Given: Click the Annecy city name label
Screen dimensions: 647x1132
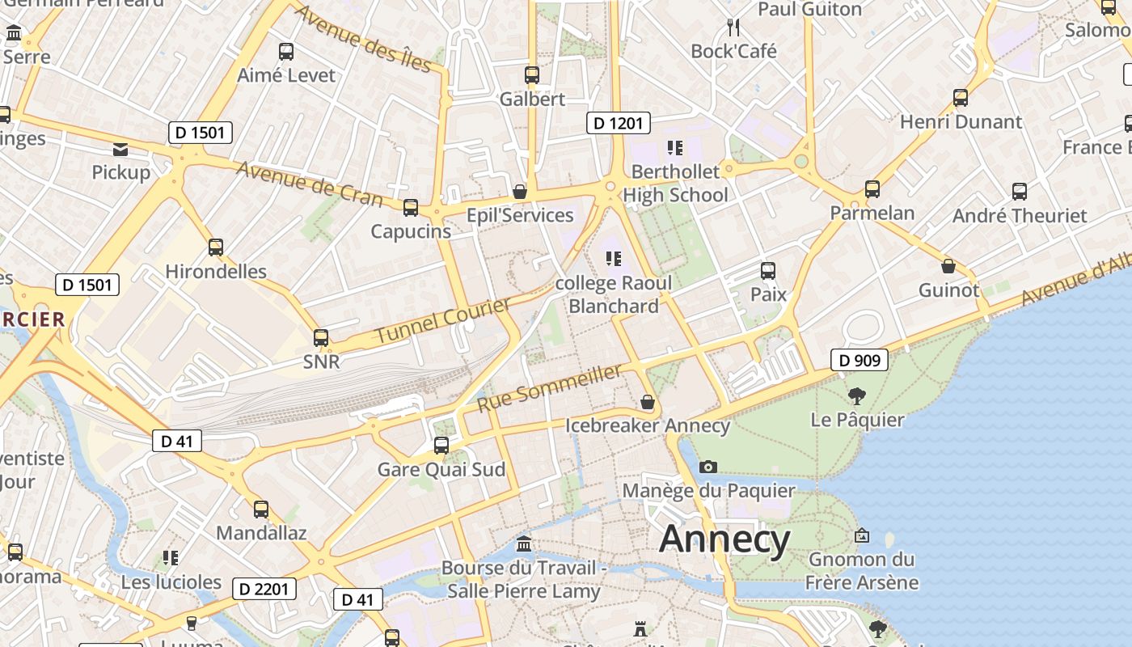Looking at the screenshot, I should tap(724, 539).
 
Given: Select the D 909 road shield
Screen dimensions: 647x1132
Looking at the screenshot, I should tap(859, 360).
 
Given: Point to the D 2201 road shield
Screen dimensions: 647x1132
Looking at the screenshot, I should tap(264, 589).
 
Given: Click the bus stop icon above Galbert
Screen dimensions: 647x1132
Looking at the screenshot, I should tap(532, 75).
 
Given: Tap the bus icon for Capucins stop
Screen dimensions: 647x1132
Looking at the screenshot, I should tap(411, 208).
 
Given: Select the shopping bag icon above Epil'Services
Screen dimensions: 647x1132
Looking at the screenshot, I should tap(520, 192).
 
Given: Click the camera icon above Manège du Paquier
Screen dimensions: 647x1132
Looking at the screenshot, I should tap(708, 467).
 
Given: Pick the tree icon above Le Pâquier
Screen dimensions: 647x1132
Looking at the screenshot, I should tap(857, 396).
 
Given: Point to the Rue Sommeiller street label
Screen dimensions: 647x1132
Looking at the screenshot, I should tap(550, 388).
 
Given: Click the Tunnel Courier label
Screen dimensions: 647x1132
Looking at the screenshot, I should tap(443, 320).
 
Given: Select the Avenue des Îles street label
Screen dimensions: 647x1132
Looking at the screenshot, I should tap(363, 37).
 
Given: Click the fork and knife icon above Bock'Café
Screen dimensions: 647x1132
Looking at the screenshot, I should tap(733, 27).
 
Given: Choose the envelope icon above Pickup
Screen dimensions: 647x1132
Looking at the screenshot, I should tap(120, 149).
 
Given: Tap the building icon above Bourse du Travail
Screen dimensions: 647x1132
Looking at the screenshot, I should tap(523, 543).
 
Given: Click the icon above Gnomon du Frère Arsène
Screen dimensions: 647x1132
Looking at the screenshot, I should tap(862, 535).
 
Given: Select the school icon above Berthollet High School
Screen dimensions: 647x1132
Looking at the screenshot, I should tap(675, 147).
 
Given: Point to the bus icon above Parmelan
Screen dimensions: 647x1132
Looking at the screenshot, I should tap(872, 189).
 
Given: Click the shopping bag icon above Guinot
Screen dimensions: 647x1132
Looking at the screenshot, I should tap(948, 266).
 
